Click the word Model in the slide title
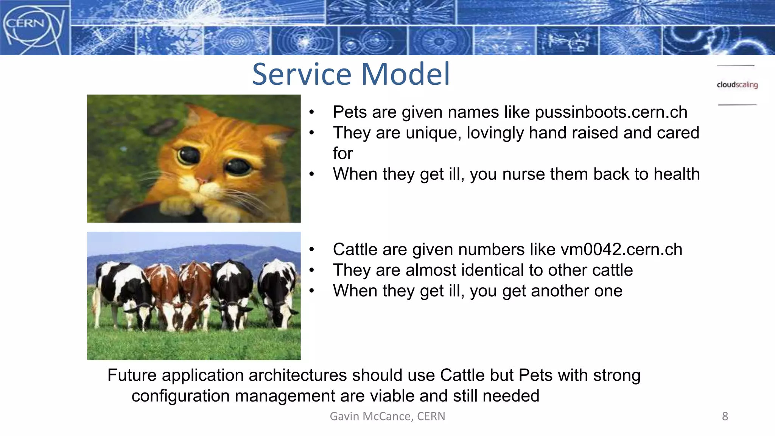(406, 74)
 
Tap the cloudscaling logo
(737, 85)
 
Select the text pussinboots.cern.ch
(611, 112)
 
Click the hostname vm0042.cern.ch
(621, 250)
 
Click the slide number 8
(725, 416)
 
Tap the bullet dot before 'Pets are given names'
(311, 112)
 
